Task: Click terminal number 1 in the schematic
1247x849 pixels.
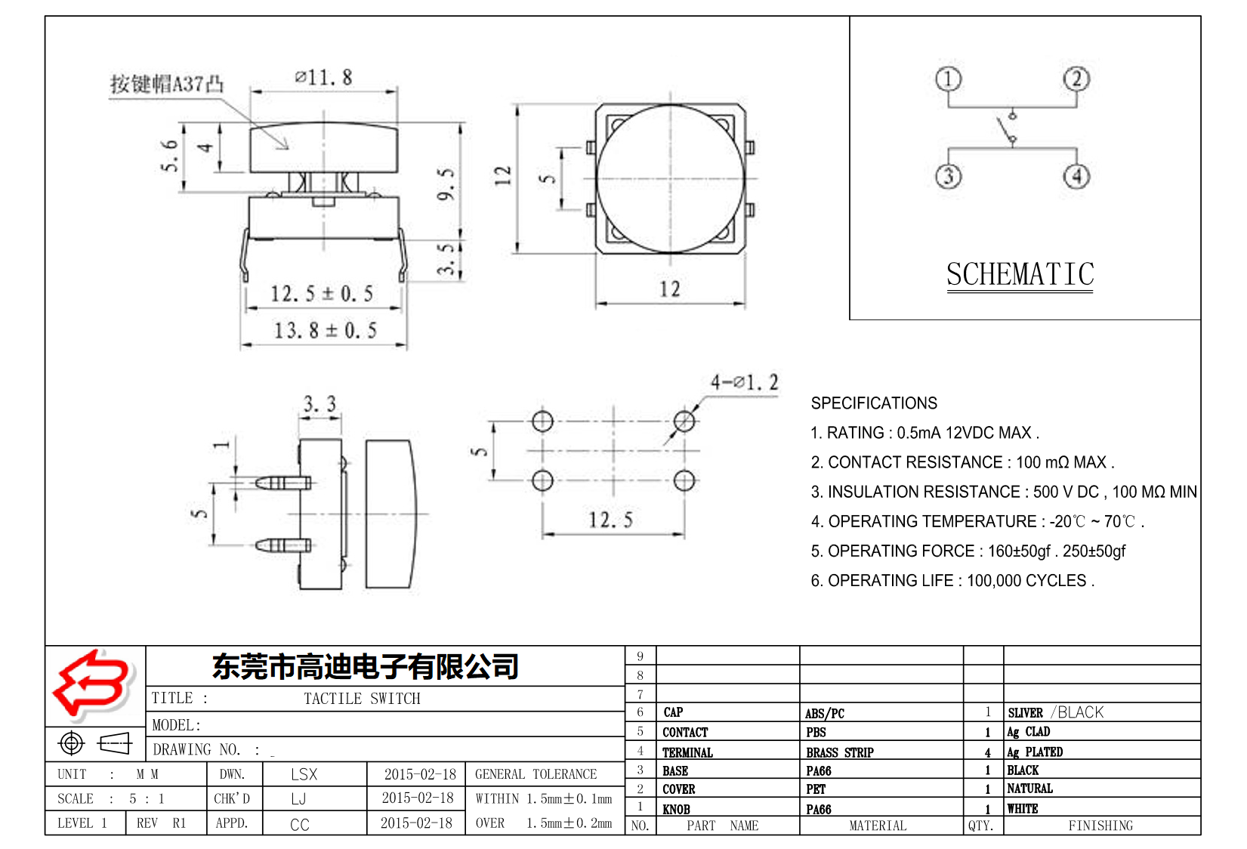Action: pos(948,79)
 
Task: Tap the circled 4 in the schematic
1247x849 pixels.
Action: pos(1076,176)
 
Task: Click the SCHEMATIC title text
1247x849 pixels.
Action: pos(1020,274)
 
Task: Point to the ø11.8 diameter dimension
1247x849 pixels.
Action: pos(323,77)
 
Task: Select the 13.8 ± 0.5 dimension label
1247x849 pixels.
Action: pos(325,330)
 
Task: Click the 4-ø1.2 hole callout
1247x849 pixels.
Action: pos(744,382)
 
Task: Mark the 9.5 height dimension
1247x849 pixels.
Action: pos(446,184)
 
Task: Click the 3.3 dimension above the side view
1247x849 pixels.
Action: pos(319,404)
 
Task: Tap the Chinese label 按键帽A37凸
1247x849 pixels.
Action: pos(167,83)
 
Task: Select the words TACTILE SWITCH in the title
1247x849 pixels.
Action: pos(362,699)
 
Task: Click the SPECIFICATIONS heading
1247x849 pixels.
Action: pos(874,403)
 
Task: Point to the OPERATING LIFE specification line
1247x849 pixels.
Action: pos(952,580)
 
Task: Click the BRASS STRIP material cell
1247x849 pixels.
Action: pos(839,752)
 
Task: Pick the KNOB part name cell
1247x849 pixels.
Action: pos(676,809)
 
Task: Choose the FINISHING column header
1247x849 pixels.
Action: pos(1100,826)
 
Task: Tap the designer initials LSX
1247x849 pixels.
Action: pos(304,774)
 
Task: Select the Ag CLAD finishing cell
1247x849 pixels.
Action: pos(1028,731)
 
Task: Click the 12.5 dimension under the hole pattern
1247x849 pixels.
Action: pos(610,520)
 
